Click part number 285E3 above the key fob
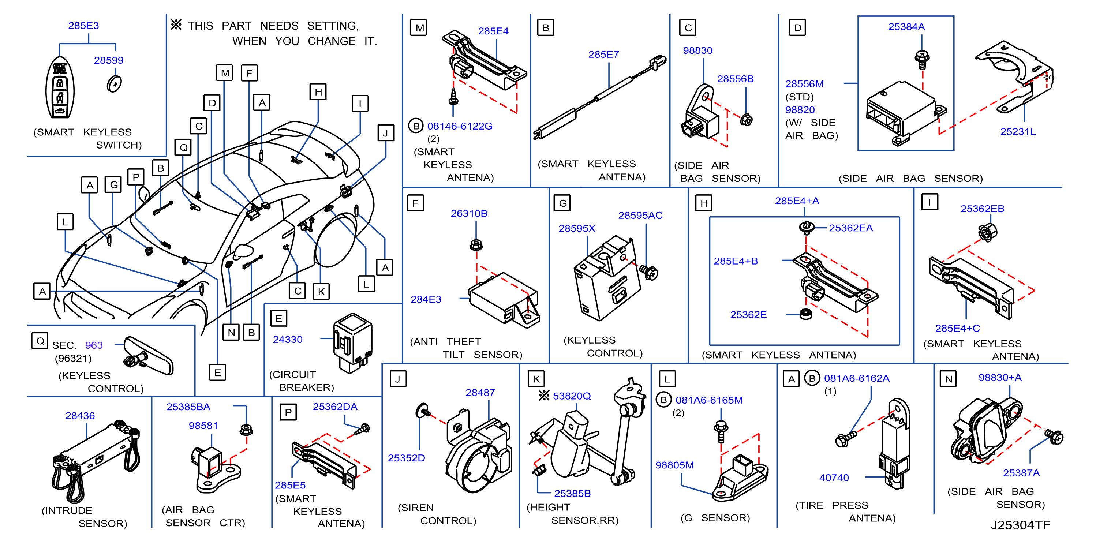83,26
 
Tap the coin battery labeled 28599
114,83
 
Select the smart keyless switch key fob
60,88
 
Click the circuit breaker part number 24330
288,340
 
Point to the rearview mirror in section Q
149,355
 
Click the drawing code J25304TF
1020,525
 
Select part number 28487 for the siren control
480,392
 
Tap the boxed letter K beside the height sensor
536,379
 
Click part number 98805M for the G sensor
674,465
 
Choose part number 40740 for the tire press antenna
834,478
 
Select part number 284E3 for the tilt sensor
426,299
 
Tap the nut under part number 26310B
476,245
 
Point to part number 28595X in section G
577,229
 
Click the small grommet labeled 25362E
805,314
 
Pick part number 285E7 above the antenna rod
603,55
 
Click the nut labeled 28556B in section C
746,120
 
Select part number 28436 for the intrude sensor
80,415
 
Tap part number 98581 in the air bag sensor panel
203,426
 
